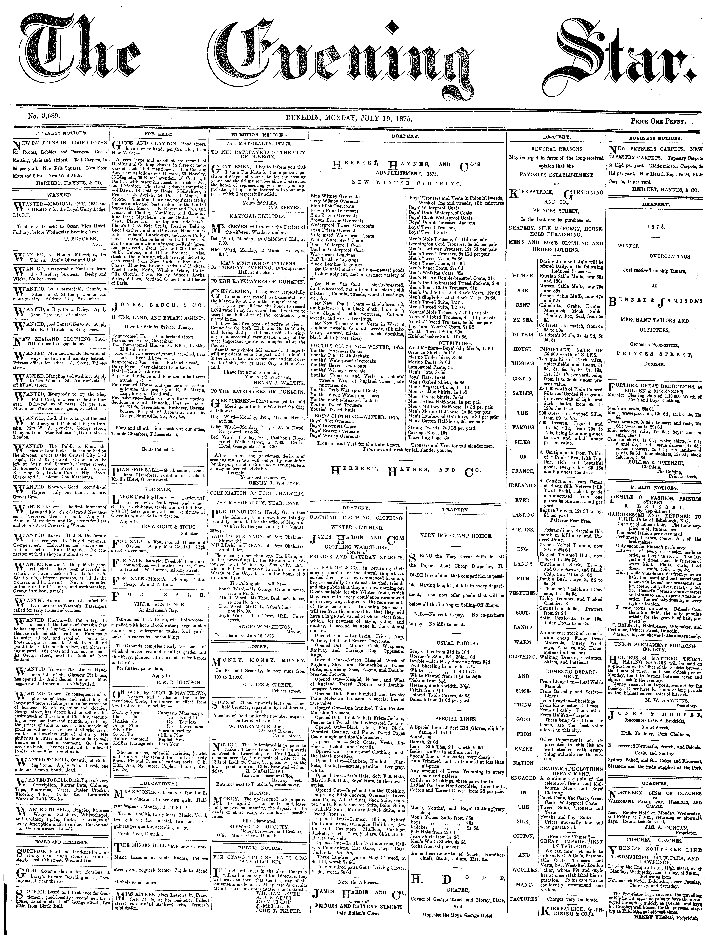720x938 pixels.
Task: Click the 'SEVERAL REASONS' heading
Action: point(556,149)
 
